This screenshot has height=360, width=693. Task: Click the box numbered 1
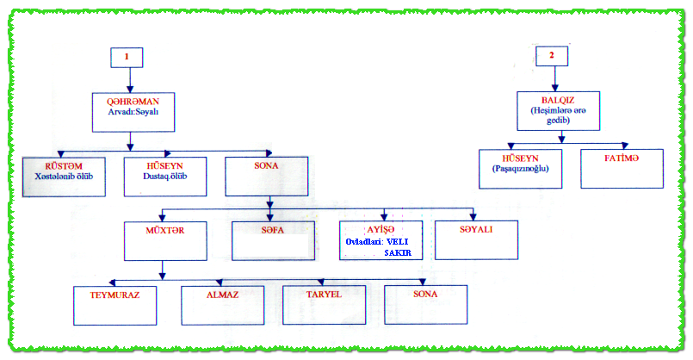[x=127, y=57]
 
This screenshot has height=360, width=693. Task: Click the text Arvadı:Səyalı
[x=130, y=109]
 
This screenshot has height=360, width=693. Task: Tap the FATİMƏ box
[x=622, y=169]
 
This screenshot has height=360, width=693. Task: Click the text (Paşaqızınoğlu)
[x=519, y=170]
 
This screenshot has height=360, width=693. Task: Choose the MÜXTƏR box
[x=164, y=240]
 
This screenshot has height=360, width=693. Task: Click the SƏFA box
[x=272, y=240]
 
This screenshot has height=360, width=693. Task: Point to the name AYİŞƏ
[x=380, y=229]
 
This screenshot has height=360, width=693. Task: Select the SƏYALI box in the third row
[x=477, y=240]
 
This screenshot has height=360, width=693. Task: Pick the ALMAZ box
[x=221, y=304]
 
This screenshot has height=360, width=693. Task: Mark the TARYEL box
[x=324, y=304]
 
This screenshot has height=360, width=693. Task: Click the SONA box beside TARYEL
[x=425, y=304]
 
